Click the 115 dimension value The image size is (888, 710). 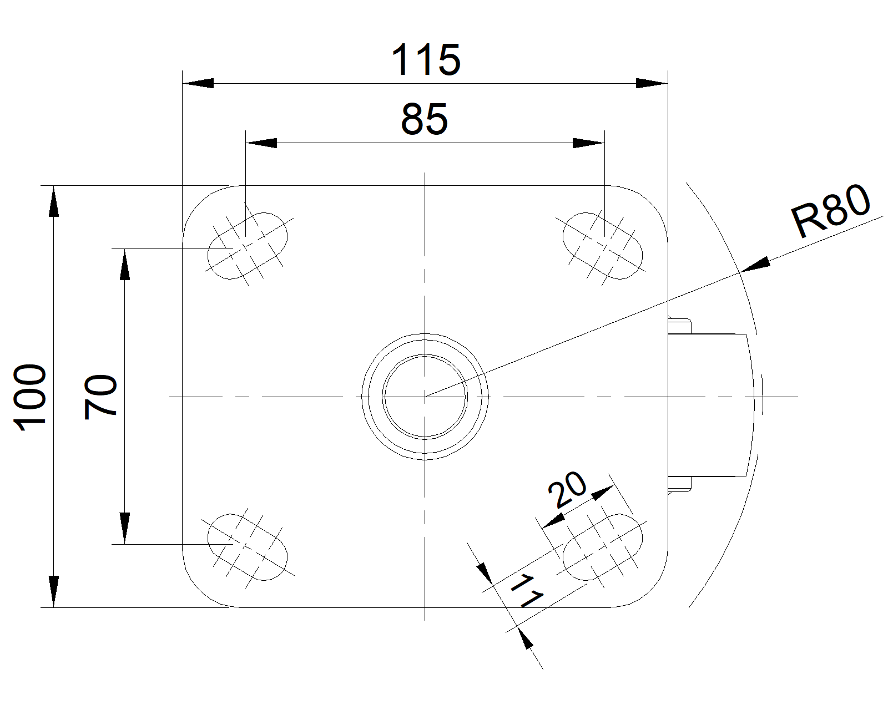tap(426, 60)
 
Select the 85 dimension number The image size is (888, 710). tap(424, 119)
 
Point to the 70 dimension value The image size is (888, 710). tap(100, 396)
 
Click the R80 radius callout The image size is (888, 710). tap(831, 211)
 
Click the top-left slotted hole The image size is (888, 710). tap(248, 245)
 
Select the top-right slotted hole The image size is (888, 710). tap(603, 245)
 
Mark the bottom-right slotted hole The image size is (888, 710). tap(603, 547)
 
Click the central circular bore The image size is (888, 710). tap(425, 396)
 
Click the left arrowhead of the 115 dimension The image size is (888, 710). tap(199, 84)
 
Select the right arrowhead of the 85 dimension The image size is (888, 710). tap(588, 143)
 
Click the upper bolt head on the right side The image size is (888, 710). tap(680, 325)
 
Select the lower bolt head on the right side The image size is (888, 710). tap(680, 484)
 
